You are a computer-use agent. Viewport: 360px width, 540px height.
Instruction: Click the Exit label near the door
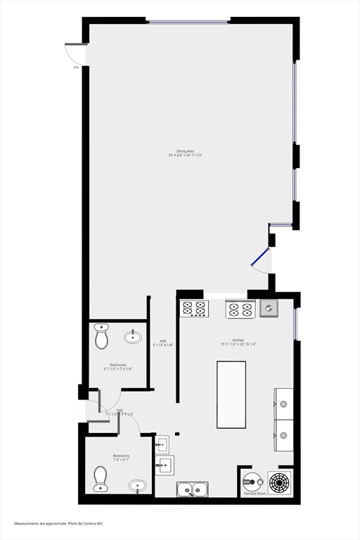76,67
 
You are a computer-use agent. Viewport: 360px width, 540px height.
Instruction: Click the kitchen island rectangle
231,394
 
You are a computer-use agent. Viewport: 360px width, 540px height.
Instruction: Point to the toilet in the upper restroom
101,337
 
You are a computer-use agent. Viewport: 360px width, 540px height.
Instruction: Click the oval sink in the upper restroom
133,337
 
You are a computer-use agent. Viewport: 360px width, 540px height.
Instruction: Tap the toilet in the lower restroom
101,478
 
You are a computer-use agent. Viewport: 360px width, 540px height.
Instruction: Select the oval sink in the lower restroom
138,485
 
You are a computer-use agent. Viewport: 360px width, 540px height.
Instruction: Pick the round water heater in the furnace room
252,482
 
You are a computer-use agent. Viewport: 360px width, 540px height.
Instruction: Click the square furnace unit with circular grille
280,482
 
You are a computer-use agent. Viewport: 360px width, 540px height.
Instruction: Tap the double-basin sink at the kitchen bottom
191,489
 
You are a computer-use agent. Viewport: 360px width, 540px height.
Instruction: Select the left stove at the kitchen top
194,308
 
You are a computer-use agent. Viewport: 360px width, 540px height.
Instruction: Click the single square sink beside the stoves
268,308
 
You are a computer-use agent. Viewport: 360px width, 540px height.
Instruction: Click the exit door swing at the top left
75,53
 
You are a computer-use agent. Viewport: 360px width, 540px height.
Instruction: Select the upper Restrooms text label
117,365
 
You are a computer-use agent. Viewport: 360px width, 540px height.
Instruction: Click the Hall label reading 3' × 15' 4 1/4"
163,342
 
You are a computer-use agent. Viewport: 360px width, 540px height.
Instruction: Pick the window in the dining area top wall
188,21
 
